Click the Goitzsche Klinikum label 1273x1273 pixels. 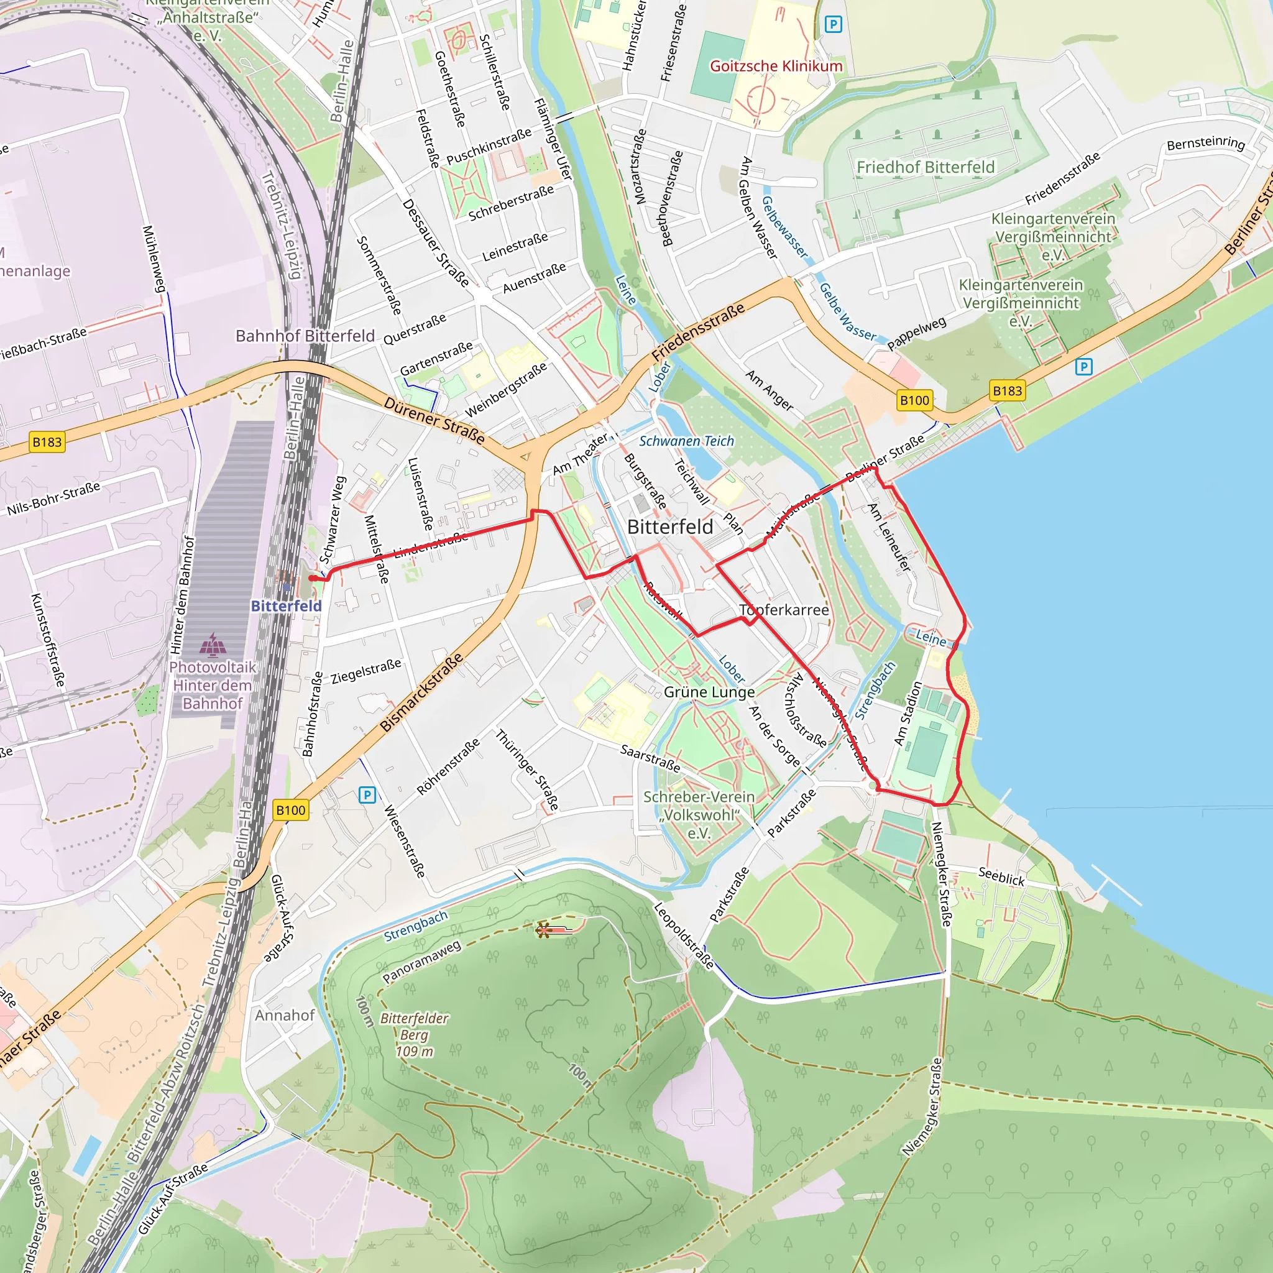pyautogui.click(x=776, y=66)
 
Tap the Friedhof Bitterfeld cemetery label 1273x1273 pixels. pyautogui.click(x=925, y=167)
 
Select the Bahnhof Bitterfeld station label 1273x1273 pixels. pyautogui.click(x=305, y=336)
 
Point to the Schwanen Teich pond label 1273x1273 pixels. pyautogui.click(x=686, y=441)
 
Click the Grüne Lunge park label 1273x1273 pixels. pyautogui.click(x=709, y=692)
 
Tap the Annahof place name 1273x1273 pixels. pyautogui.click(x=285, y=1014)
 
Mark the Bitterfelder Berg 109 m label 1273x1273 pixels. pyautogui.click(x=415, y=1034)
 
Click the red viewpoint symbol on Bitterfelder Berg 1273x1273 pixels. pyautogui.click(x=545, y=930)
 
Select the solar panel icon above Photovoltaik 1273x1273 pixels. pyautogui.click(x=212, y=645)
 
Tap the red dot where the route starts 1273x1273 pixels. pyautogui.click(x=311, y=578)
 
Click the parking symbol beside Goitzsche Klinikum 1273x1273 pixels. pyautogui.click(x=833, y=25)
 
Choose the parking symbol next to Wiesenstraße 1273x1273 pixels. pyautogui.click(x=367, y=795)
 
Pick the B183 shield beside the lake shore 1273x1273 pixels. pyautogui.click(x=1008, y=391)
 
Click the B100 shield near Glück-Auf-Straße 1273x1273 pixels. pyautogui.click(x=290, y=810)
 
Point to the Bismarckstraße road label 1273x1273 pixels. pyautogui.click(x=421, y=692)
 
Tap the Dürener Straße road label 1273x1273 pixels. pyautogui.click(x=434, y=420)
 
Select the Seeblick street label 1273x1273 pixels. pyautogui.click(x=1001, y=876)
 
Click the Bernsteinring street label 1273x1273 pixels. pyautogui.click(x=1205, y=143)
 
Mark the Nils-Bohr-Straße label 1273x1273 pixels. pyautogui.click(x=53, y=498)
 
